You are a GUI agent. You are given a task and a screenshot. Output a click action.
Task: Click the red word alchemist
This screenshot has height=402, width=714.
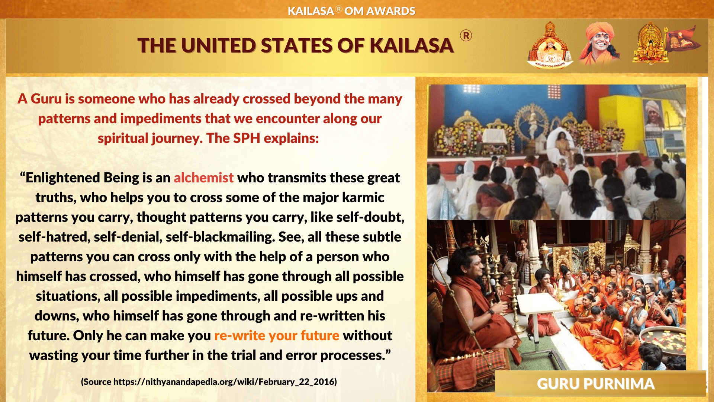pos(203,178)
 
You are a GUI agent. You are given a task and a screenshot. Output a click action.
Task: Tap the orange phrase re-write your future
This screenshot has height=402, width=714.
pos(277,335)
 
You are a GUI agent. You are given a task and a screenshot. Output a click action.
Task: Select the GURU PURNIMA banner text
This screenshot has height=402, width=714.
pos(595,384)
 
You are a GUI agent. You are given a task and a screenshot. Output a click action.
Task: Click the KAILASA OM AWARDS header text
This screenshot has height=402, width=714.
pos(351,11)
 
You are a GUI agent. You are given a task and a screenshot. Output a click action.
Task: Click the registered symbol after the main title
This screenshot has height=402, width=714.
pos(466,36)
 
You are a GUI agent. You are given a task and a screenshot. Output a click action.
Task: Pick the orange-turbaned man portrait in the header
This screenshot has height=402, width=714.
pos(600,44)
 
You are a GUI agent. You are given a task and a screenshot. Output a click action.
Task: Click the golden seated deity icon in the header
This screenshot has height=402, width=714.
pos(650,44)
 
